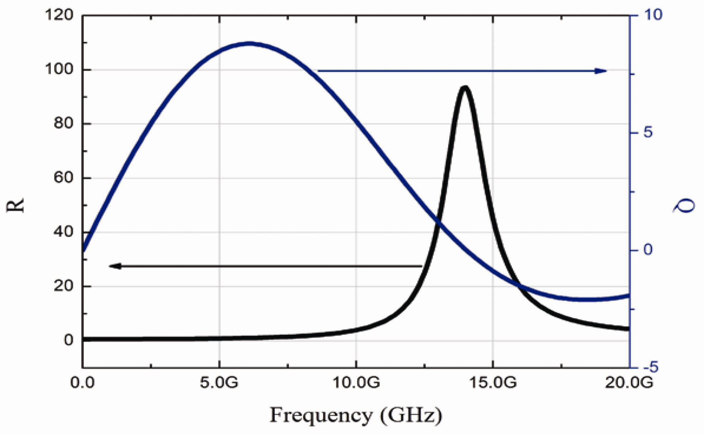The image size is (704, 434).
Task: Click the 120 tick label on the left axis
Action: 59,15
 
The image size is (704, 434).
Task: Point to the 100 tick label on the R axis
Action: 59,69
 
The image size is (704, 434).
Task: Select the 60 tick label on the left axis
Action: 63,178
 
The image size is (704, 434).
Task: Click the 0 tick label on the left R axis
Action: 68,340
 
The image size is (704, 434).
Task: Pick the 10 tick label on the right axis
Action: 653,15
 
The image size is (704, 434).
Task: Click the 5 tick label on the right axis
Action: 648,133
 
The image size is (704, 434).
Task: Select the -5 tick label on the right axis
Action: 651,367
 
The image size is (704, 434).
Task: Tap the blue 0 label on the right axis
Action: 648,250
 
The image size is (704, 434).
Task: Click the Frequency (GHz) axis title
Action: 356,416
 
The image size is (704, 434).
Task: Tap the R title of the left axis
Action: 15,206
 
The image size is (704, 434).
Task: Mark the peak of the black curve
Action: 465,87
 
